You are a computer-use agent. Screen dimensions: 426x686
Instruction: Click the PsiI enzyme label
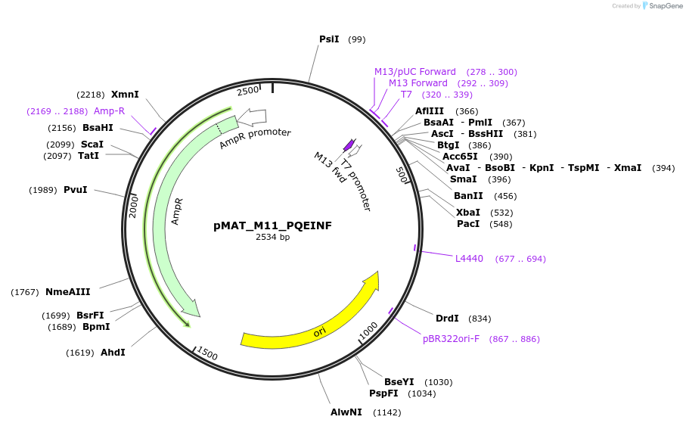[329, 39]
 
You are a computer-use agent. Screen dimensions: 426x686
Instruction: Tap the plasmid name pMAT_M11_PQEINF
[273, 225]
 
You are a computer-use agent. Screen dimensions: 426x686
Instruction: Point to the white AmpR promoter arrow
[253, 117]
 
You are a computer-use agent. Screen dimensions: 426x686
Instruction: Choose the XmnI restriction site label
[125, 95]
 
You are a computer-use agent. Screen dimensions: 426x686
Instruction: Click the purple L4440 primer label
[469, 259]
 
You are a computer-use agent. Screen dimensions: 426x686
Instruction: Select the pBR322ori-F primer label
[451, 339]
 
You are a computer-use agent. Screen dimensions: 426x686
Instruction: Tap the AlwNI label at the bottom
[346, 412]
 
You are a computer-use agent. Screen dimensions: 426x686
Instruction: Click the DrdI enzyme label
[447, 319]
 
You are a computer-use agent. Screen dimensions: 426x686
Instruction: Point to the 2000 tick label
[134, 206]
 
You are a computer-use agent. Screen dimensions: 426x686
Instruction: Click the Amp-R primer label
[109, 111]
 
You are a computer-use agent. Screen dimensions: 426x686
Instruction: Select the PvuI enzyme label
[75, 190]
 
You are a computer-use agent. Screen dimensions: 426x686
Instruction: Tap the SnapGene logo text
[663, 6]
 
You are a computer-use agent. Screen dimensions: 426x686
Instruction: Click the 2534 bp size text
[273, 237]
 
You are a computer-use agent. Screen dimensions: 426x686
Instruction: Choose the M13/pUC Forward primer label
[415, 72]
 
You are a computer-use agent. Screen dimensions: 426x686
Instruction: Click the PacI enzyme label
[468, 224]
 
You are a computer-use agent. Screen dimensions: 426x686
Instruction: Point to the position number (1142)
[386, 412]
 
